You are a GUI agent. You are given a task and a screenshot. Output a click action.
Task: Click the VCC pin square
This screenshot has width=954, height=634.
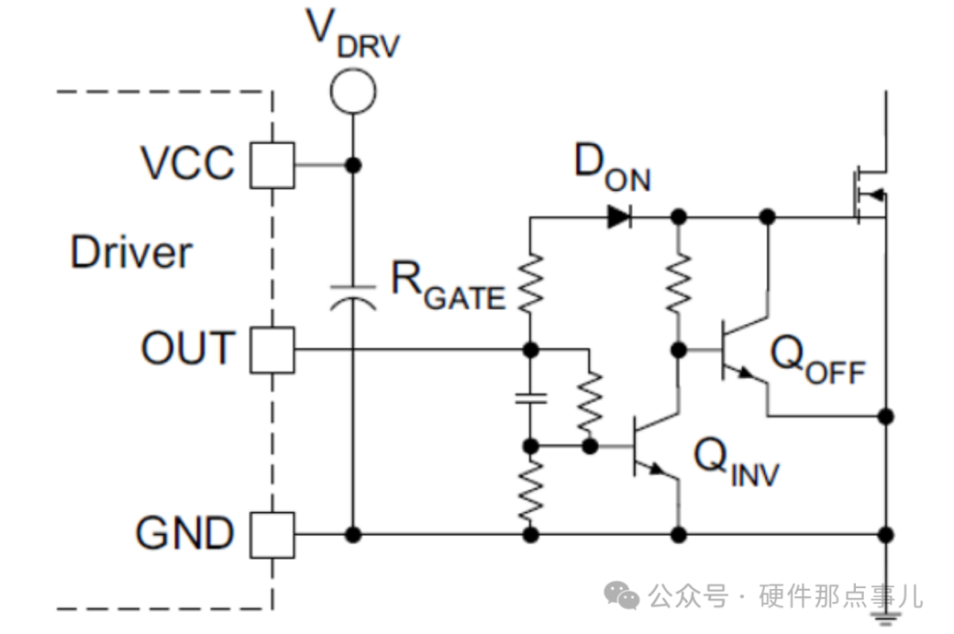pyautogui.click(x=273, y=165)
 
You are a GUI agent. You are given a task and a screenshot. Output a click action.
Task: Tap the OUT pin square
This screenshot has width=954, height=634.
pyautogui.click(x=273, y=350)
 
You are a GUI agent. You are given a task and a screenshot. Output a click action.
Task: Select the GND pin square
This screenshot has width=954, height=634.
pyautogui.click(x=273, y=535)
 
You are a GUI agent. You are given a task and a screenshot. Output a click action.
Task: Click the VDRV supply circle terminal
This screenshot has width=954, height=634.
pyautogui.click(x=352, y=91)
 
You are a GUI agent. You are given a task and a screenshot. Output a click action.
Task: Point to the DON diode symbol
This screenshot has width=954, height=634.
pyautogui.click(x=619, y=216)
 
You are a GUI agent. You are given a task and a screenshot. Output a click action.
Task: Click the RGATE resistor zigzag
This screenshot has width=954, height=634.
pyautogui.click(x=531, y=283)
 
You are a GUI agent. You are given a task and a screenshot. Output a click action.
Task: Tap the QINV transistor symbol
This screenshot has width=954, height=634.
pyautogui.click(x=655, y=447)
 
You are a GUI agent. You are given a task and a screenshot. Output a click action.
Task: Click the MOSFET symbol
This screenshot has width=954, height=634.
pyautogui.click(x=870, y=194)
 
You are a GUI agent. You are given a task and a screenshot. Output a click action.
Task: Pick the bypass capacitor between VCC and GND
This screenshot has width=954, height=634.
pyautogui.click(x=352, y=297)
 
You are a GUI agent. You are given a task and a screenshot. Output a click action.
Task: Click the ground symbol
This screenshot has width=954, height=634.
pyautogui.click(x=886, y=618)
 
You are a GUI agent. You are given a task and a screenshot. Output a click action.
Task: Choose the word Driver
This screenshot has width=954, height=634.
pyautogui.click(x=132, y=252)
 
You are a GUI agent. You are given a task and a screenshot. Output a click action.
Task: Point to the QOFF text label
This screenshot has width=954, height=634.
pyautogui.click(x=818, y=360)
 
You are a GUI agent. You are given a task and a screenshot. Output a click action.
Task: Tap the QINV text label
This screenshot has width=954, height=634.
pyautogui.click(x=736, y=463)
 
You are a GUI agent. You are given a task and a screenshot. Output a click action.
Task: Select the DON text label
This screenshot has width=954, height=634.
pyautogui.click(x=612, y=168)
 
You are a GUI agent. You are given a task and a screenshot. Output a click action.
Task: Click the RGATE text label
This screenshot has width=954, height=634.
pyautogui.click(x=448, y=286)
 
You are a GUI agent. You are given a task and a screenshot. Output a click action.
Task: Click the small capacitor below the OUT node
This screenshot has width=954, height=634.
pyautogui.click(x=531, y=398)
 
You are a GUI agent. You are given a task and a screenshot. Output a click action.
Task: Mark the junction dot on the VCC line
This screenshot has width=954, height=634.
pyautogui.click(x=352, y=165)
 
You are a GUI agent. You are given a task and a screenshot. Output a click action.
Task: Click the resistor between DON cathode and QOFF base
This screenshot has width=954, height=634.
pyautogui.click(x=678, y=283)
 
